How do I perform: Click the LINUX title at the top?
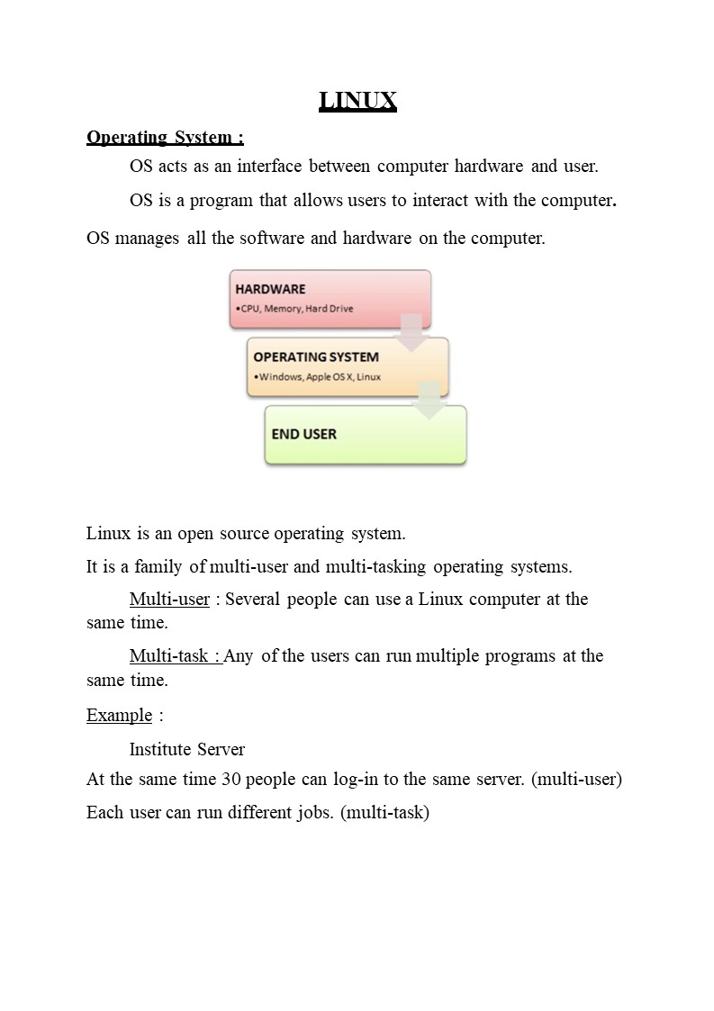pos(357,101)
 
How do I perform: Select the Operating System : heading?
pos(165,137)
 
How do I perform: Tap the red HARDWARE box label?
pos(270,289)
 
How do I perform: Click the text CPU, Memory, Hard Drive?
pos(295,309)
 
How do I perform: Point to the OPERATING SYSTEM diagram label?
pos(316,357)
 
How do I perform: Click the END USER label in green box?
pos(304,434)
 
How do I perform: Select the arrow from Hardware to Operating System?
pos(412,332)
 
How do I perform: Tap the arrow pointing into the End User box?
pos(430,401)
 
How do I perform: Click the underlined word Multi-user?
pos(169,600)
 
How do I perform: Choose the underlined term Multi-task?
pos(175,655)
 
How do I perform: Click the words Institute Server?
pos(187,749)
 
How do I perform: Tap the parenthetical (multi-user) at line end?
pos(576,780)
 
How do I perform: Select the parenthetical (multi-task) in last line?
pos(384,813)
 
